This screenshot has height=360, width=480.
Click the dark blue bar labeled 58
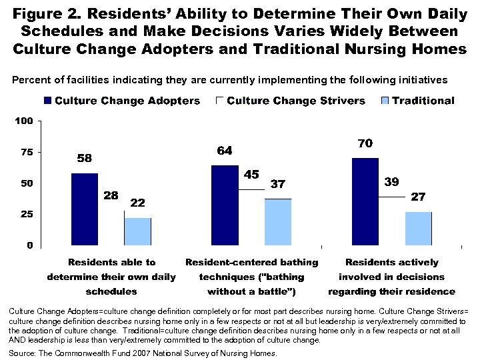(84, 209)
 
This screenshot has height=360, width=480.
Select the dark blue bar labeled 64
(225, 205)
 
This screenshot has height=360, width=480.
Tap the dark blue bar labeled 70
(365, 202)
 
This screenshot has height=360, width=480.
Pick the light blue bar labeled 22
(137, 231)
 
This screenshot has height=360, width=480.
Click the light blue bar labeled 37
(278, 222)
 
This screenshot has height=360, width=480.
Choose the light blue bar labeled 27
(418, 228)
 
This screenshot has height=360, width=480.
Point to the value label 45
(251, 175)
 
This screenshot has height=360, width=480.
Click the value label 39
(391, 182)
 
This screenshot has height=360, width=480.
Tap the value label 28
(111, 195)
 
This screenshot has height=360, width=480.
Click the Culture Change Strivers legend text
(296, 101)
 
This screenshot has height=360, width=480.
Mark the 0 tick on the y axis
(29, 246)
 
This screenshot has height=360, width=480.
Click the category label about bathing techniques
(251, 277)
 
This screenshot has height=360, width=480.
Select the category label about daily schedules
(111, 277)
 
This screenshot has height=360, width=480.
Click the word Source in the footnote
(22, 353)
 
